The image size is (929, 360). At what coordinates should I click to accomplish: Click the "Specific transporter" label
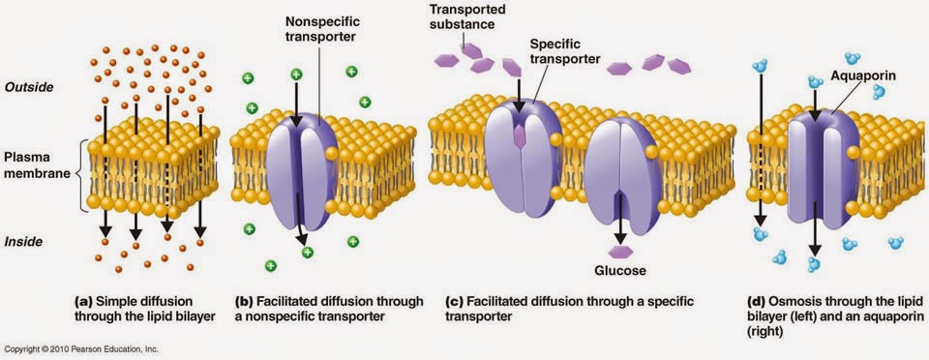[565, 51]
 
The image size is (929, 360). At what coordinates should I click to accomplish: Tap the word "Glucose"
[619, 270]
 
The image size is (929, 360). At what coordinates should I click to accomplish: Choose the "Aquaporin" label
[862, 72]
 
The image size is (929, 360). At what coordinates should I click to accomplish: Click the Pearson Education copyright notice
[81, 349]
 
